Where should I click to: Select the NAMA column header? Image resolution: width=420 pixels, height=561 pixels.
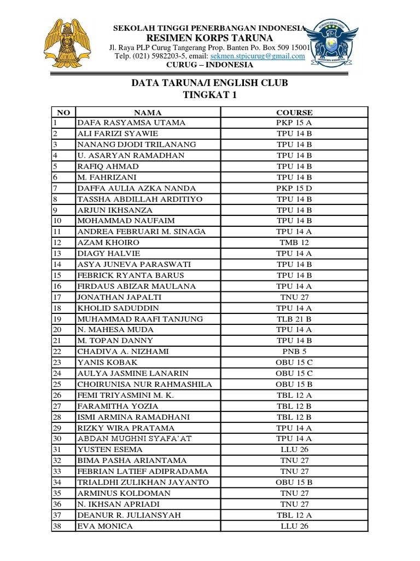tap(148, 112)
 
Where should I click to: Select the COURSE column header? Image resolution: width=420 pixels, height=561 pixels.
tap(294, 112)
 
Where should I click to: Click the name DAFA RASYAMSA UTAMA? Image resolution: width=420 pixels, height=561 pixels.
tap(131, 123)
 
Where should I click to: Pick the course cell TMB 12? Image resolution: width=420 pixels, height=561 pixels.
tap(294, 243)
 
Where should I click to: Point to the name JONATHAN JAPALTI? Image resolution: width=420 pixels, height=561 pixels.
tap(119, 297)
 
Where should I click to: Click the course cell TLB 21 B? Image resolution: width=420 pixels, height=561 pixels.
tap(294, 319)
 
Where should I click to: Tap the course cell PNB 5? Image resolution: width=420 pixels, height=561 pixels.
tap(294, 352)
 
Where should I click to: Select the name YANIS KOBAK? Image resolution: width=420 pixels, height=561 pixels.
tap(108, 363)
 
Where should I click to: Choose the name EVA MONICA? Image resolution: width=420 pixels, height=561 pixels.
tap(105, 526)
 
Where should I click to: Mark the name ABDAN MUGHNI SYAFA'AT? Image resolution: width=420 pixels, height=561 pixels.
tap(135, 439)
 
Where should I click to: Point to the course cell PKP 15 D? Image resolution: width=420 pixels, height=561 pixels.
tap(294, 188)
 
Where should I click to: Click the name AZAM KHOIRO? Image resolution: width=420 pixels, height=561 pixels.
tap(108, 243)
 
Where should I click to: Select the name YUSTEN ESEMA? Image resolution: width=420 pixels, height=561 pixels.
tap(110, 450)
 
